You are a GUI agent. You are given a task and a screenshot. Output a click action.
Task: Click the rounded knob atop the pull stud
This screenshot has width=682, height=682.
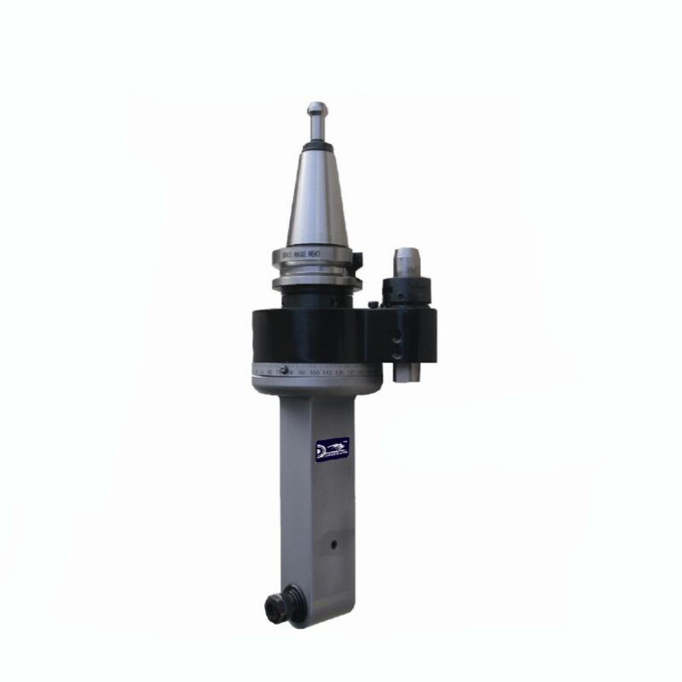point(316,109)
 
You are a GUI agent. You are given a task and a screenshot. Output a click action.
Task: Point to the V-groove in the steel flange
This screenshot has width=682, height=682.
point(316,269)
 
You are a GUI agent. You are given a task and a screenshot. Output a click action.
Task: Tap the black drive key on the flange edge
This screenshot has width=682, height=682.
point(358,258)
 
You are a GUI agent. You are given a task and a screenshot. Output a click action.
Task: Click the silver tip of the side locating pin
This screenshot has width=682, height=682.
point(406,256)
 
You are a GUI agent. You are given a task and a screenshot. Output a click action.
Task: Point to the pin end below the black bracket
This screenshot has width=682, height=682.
point(407,373)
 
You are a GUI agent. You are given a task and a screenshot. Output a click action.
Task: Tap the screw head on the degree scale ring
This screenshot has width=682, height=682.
point(286,369)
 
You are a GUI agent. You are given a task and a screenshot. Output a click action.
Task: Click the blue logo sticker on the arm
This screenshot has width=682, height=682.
point(332,448)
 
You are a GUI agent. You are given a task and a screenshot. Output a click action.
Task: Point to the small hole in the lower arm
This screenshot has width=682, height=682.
point(334,542)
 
